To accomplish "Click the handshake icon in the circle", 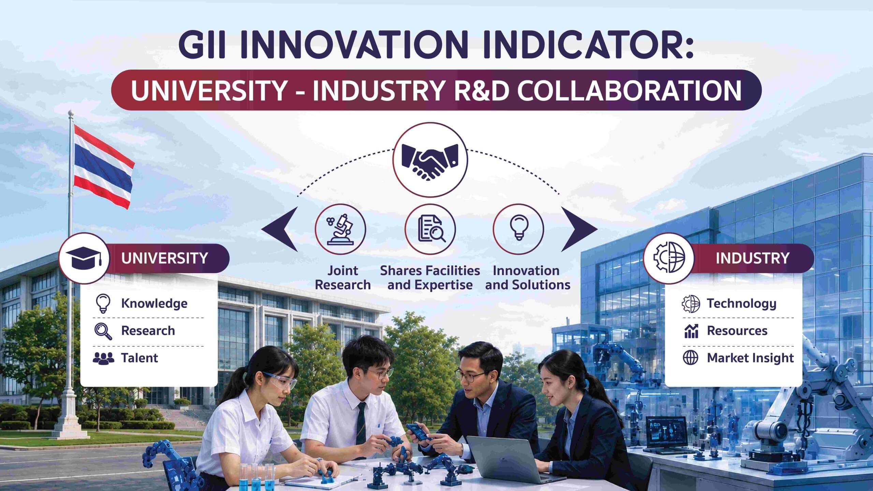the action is coord(430,160).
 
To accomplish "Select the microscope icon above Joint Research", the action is coord(340,229).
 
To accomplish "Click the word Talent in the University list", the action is coord(139,358).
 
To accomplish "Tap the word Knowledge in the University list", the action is coord(154,303).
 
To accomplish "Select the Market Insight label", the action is coord(750,358).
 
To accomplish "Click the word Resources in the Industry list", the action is coord(737,331).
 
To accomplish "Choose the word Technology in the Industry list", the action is coord(741,303).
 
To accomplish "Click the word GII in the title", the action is coord(202,46).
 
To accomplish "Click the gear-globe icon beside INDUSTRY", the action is coord(669,258).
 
